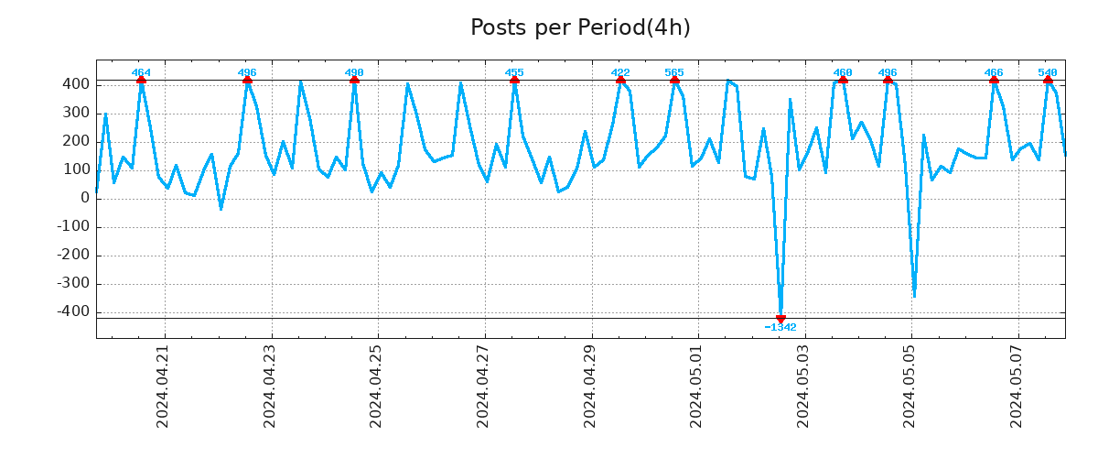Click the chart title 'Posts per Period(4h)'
[x=580, y=27]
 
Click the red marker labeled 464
[x=141, y=81]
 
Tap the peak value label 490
[x=354, y=72]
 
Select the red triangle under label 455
[x=514, y=81]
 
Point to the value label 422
[x=620, y=72]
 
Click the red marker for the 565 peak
[x=674, y=81]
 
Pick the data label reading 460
[x=843, y=72]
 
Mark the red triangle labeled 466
[x=994, y=81]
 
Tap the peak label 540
[x=1048, y=72]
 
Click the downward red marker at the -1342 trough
[x=780, y=318]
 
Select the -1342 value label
[x=780, y=328]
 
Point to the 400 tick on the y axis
[x=77, y=84]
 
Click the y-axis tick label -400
[x=73, y=311]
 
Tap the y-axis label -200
[x=73, y=255]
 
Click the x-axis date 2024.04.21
[x=164, y=386]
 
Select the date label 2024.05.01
[x=697, y=386]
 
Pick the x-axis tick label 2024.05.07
[x=1017, y=386]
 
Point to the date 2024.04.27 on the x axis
[x=484, y=386]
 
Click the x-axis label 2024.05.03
[x=804, y=386]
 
